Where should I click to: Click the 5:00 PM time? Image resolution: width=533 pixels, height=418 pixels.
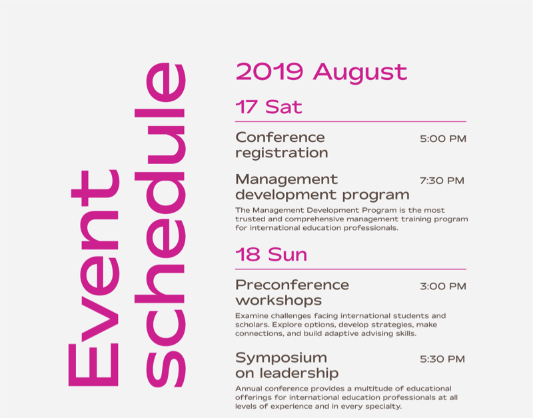click(x=443, y=139)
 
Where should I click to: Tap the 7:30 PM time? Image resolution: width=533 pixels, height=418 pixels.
click(x=442, y=181)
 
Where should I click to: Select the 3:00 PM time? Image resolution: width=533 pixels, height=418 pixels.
click(x=443, y=287)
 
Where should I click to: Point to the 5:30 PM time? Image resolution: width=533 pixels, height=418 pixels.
click(x=442, y=359)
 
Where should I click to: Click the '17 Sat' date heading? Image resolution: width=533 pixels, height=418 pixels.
click(x=268, y=107)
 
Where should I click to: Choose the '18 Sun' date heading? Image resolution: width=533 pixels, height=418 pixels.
click(x=271, y=255)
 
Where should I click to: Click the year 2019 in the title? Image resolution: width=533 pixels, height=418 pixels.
click(x=269, y=71)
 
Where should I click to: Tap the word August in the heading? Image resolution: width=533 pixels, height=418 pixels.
click(x=360, y=73)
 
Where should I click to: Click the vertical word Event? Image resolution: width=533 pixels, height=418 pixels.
click(x=94, y=278)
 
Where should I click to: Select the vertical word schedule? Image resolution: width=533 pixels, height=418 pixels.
click(x=160, y=225)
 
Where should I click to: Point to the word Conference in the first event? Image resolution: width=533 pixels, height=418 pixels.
click(x=280, y=137)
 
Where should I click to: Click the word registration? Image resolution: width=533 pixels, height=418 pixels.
click(x=282, y=153)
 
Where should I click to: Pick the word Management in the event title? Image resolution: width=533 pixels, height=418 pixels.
click(x=286, y=179)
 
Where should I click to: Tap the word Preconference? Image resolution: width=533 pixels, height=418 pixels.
click(x=292, y=285)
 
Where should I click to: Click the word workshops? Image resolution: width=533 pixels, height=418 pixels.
click(x=278, y=301)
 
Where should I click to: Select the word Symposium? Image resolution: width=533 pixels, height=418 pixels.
click(x=281, y=358)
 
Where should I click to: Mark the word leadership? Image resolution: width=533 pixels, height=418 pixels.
click(x=299, y=373)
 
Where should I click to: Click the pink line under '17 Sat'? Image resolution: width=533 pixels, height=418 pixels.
click(x=350, y=121)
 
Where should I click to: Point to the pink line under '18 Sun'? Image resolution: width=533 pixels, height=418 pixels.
click(x=350, y=269)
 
